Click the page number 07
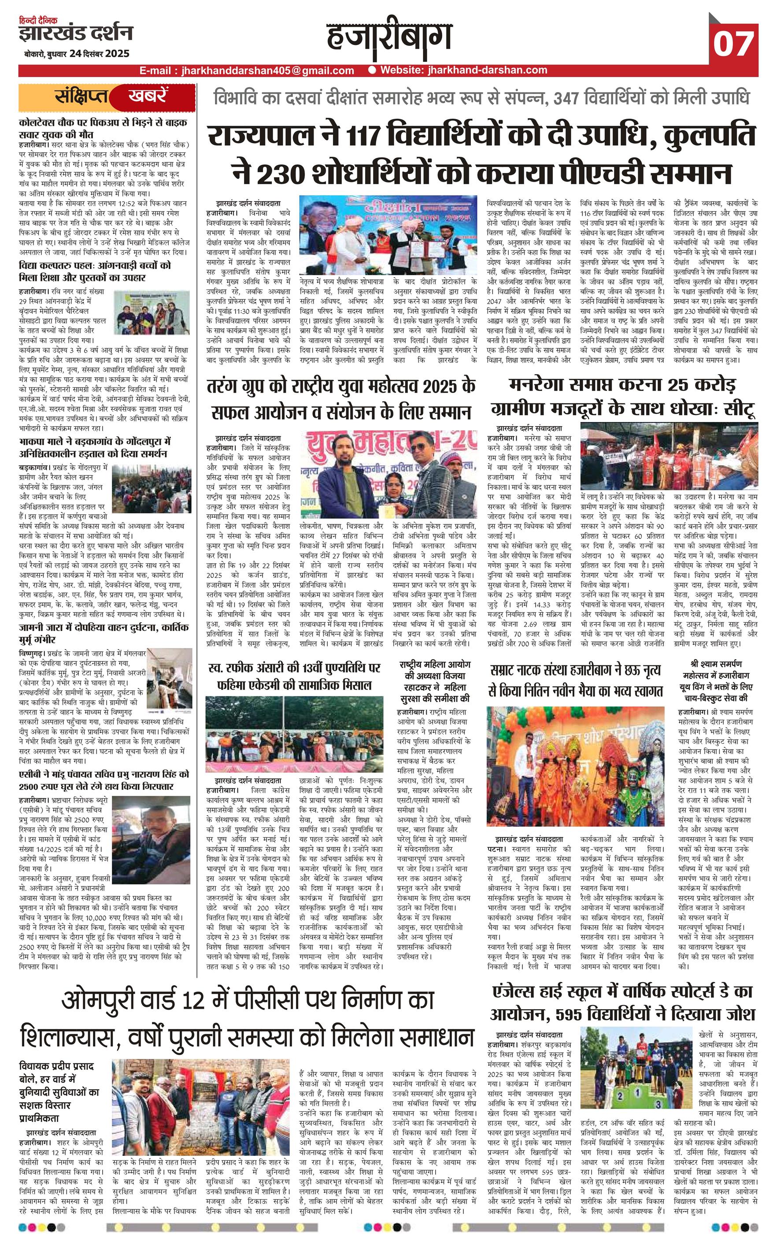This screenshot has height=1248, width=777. [x=733, y=42]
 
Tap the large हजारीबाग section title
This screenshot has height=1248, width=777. [x=389, y=38]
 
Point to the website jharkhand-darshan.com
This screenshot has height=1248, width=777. [x=463, y=71]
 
